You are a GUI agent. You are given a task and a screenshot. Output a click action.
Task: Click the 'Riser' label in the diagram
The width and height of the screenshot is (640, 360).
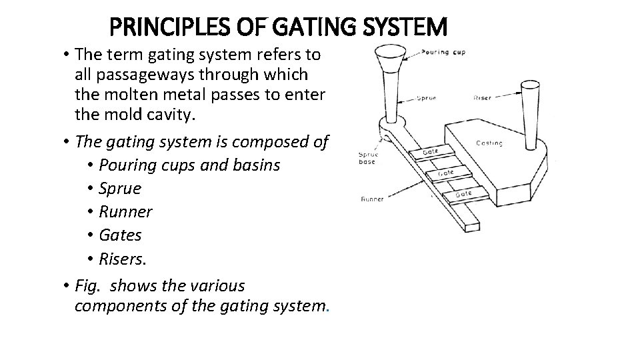coord(481,97)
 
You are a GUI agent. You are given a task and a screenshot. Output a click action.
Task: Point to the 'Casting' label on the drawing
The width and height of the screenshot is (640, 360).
coord(490,143)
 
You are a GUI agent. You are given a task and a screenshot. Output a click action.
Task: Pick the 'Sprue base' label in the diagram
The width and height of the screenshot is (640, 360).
coord(367,157)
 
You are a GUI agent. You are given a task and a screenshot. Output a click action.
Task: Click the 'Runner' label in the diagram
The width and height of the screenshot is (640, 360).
coord(372,199)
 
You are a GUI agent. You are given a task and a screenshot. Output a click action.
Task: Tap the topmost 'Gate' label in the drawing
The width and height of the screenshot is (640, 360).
coord(430,151)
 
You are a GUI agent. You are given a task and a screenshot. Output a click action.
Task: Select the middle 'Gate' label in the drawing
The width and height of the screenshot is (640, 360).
coord(446,173)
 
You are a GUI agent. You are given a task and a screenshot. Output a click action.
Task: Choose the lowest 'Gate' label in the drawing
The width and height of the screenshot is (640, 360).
coord(464,193)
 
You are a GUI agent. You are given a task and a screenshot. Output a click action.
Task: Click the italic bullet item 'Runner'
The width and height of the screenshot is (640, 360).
coord(125,212)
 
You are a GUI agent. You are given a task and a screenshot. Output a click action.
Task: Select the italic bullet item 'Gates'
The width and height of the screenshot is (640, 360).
coord(120,235)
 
